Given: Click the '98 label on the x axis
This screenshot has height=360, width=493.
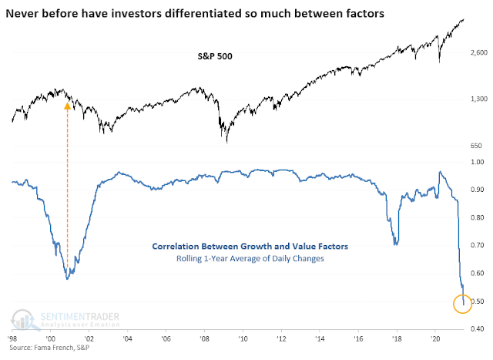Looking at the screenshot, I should [12, 338].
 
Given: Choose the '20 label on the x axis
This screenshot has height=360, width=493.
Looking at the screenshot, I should [435, 338].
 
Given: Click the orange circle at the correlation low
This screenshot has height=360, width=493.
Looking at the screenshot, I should [464, 304].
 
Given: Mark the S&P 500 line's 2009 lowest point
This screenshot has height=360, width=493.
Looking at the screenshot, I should [226, 141].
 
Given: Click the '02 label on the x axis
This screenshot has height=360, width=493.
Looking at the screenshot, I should [89, 338].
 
